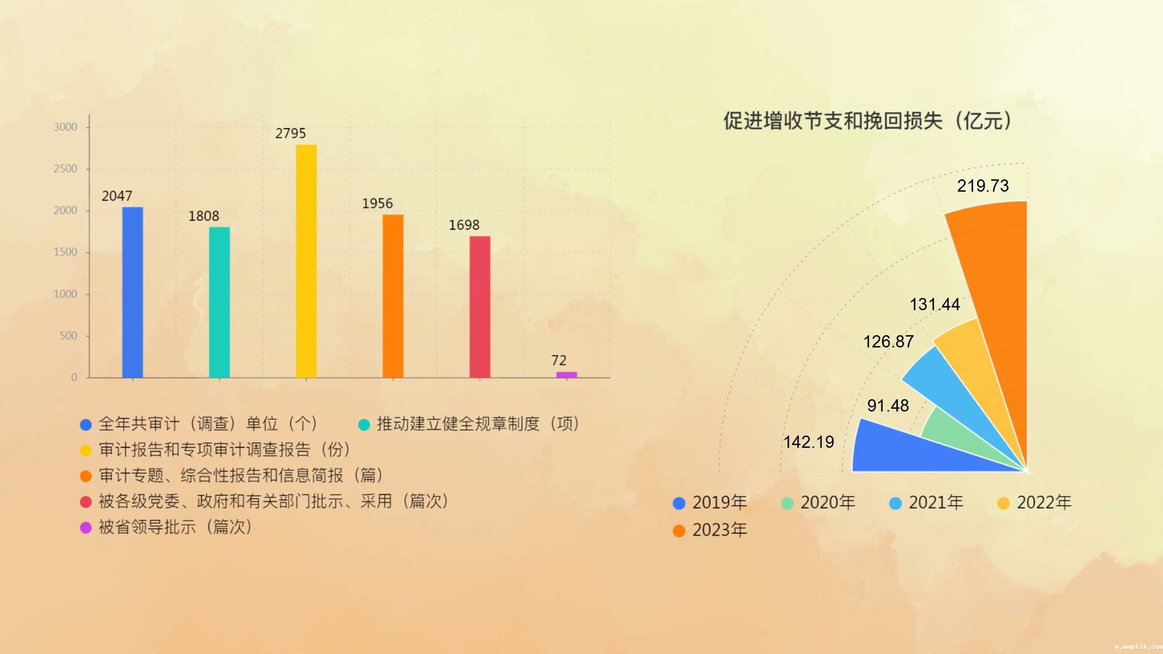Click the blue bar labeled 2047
(133, 292)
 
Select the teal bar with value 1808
(219, 302)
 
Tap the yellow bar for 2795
(306, 261)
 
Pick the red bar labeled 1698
(480, 307)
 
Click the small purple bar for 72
(567, 375)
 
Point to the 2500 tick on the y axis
(65, 169)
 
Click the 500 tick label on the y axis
(68, 336)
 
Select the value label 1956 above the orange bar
(377, 203)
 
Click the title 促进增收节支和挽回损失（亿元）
(867, 121)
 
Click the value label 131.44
(934, 304)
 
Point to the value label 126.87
(888, 342)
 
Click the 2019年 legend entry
(710, 503)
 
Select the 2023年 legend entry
(710, 530)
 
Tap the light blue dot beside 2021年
(895, 503)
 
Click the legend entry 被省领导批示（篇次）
(166, 527)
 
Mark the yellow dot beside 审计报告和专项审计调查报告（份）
(86, 450)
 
